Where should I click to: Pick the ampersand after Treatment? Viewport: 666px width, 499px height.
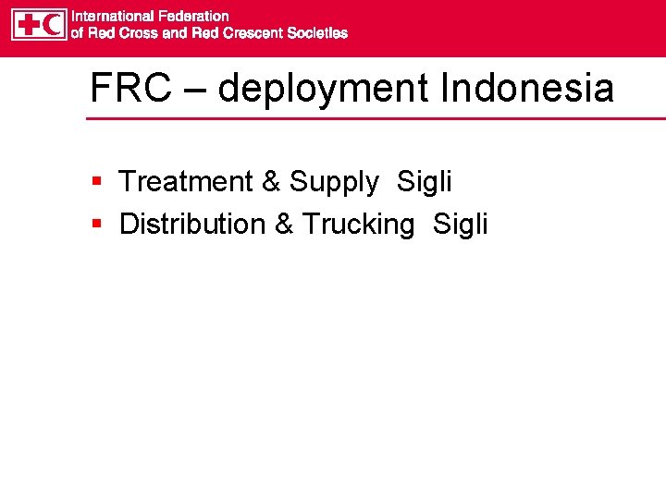point(271,182)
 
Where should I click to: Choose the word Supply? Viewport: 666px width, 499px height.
point(333,183)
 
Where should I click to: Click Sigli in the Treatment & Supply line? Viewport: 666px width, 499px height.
point(424,183)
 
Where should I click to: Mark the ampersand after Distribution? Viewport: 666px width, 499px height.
point(286,224)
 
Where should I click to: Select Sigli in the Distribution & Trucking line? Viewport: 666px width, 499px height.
point(460,225)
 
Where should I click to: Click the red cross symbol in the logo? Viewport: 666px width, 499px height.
point(27,24)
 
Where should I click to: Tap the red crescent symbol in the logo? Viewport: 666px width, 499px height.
point(53,24)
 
